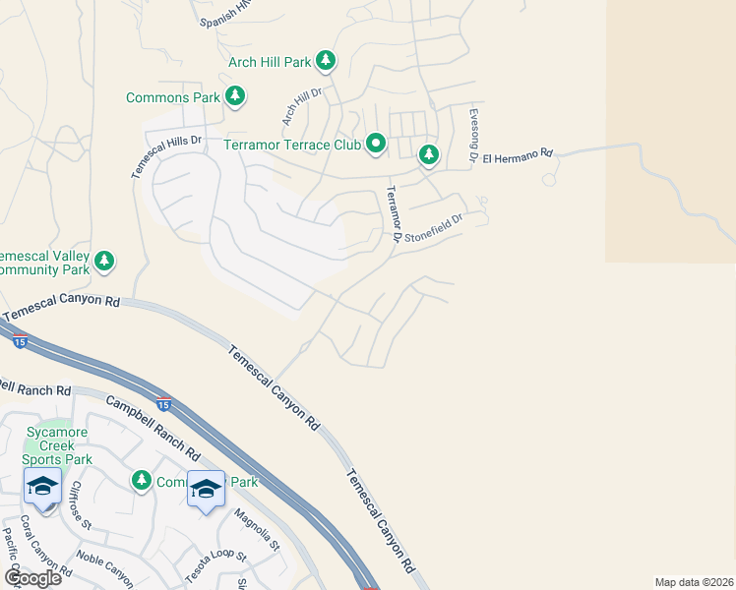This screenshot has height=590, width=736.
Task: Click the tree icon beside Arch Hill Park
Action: point(326,61)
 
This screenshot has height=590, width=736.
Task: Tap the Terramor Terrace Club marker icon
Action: point(376,145)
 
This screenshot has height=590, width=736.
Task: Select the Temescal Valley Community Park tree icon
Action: point(104,261)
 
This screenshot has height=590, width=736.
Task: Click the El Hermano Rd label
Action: point(519,155)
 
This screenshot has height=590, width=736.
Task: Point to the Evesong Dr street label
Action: point(473,135)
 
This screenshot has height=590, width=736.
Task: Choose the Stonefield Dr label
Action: point(433,229)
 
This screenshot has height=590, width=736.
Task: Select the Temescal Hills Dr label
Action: point(166,155)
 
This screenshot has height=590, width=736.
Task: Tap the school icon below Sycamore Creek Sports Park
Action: point(42,487)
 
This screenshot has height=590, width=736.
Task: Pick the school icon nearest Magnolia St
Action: point(206,488)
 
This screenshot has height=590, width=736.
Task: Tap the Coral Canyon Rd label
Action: point(45,545)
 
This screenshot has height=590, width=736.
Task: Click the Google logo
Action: point(31,578)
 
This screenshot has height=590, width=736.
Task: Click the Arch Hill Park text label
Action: point(270,62)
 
